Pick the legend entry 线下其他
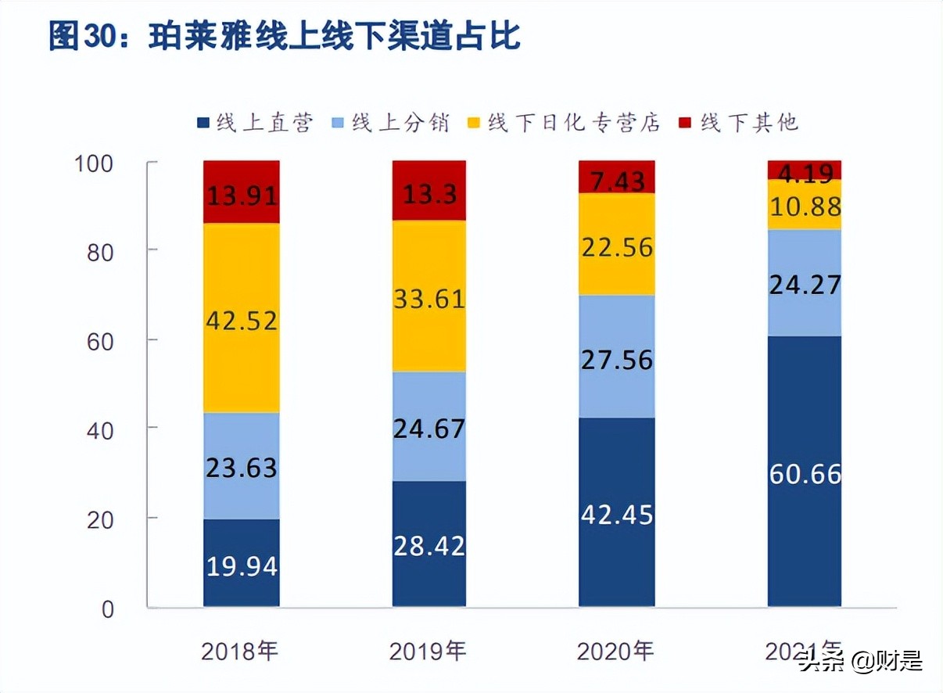(739, 123)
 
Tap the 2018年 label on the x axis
(240, 651)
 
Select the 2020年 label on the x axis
(615, 651)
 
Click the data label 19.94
(242, 566)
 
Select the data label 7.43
(616, 181)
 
